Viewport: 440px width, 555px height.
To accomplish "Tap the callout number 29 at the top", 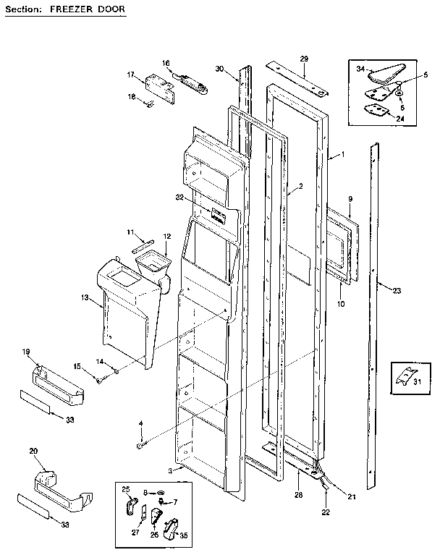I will pos(304,58).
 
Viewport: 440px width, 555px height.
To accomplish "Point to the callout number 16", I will pos(166,64).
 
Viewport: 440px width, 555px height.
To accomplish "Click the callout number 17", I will pos(131,75).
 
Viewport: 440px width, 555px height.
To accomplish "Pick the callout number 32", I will pos(179,197).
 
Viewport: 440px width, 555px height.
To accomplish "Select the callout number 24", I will pos(400,118).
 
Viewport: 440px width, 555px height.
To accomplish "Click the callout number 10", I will pos(340,304).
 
